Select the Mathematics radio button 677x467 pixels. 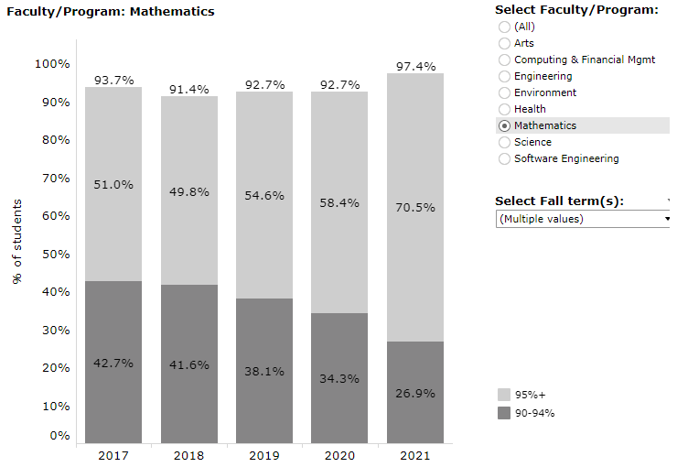pos(504,125)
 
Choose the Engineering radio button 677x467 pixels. pos(504,76)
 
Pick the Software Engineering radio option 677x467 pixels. pos(504,158)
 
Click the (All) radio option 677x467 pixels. pos(504,27)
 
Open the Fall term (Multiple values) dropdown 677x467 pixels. pos(583,219)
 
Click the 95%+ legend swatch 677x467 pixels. pos(503,395)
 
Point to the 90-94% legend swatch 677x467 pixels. pos(503,413)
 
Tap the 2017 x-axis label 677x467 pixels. pos(113,455)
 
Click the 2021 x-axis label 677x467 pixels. pos(414,455)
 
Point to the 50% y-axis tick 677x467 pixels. pos(52,254)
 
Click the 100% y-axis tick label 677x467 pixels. pos(52,64)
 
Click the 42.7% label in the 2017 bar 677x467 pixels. pos(113,363)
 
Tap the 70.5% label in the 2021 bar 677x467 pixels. pos(414,208)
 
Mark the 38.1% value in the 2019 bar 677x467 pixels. pos(264,372)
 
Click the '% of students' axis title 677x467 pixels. pos(17,241)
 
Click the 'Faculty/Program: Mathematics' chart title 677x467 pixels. pos(111,12)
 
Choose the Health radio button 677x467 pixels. pos(504,109)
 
